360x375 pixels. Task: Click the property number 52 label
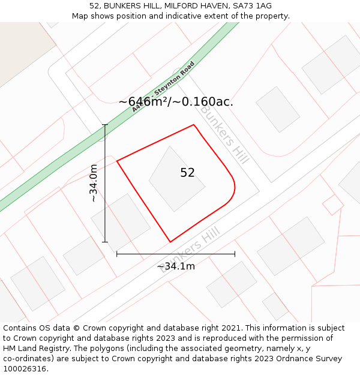tap(187, 173)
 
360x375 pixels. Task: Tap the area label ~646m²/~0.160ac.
tap(176, 102)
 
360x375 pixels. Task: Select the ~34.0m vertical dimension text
tap(94, 183)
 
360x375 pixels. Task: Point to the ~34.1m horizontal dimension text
tap(176, 266)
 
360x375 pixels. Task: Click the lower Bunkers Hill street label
tap(191, 249)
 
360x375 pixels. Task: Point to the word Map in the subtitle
tap(80, 16)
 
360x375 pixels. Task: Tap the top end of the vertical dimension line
tap(105, 125)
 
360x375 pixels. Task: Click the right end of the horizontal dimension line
tap(235, 254)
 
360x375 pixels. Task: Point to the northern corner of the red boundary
tap(194, 125)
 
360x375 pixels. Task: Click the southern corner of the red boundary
tap(170, 242)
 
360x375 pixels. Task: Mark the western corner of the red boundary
tap(117, 161)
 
